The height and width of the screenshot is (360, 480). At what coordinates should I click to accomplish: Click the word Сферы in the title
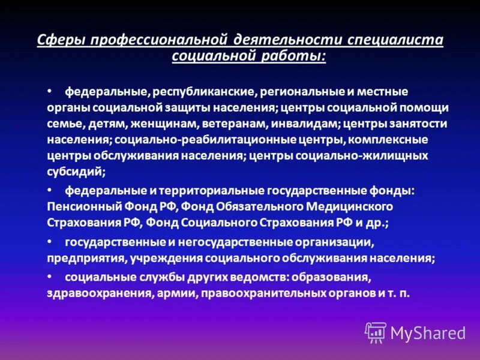pos(59,40)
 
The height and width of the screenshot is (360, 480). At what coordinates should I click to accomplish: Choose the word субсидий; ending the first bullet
pos(76,170)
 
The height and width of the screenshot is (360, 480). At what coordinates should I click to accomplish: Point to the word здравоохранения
pos(92,294)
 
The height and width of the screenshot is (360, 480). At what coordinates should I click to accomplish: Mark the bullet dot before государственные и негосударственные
pos(50,241)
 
